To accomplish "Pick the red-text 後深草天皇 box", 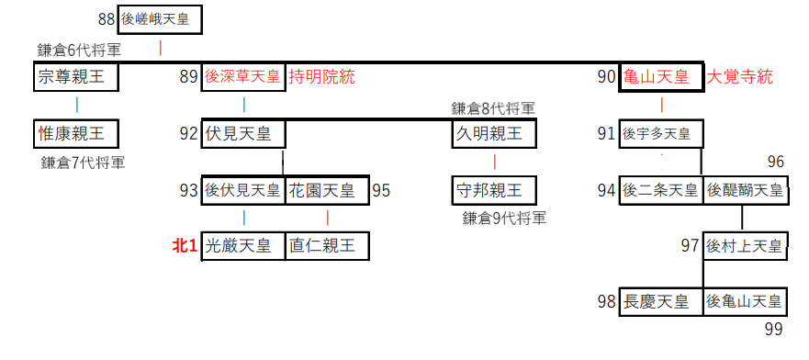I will click(x=243, y=77).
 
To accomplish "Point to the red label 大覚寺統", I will click(x=738, y=77).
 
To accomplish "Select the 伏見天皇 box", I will click(x=243, y=134).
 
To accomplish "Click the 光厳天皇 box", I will click(x=243, y=246).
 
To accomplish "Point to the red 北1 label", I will click(x=185, y=246).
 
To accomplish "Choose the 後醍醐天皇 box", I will click(x=745, y=191).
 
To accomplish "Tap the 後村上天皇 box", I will click(x=745, y=246).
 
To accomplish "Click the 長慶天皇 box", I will click(x=661, y=301).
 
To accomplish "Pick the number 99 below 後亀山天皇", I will click(x=775, y=328).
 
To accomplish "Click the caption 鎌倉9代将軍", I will click(x=504, y=219).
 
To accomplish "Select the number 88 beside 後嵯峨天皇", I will click(x=106, y=18).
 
